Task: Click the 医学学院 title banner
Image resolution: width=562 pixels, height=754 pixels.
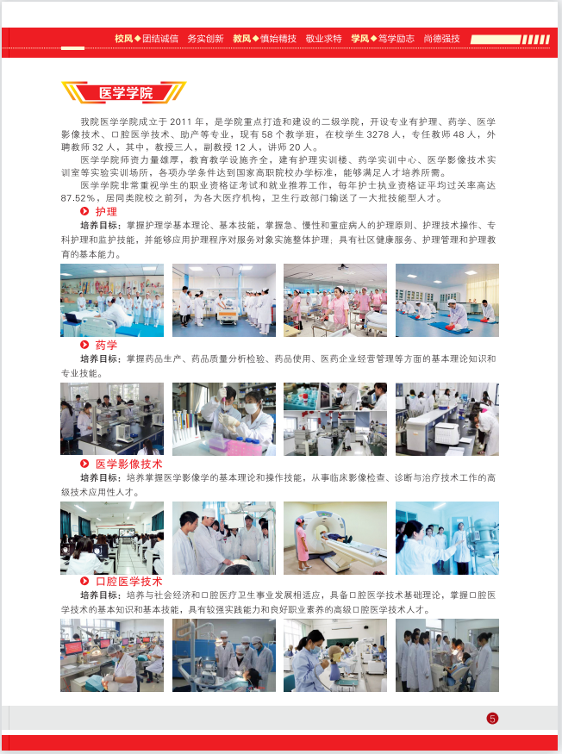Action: pos(123,92)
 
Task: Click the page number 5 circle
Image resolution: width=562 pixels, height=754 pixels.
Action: pos(492,719)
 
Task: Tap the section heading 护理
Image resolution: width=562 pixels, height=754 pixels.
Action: pos(106,212)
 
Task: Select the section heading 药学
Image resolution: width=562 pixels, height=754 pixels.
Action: pos(106,345)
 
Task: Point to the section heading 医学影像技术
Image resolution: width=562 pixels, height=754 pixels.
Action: pos(128,464)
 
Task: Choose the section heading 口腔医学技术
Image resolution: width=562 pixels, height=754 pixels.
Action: pos(128,582)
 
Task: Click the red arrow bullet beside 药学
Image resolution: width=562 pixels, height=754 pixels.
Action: pos(84,345)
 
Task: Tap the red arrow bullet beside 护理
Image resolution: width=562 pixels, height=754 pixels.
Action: pos(84,212)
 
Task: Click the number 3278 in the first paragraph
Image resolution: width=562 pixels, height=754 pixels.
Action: pos(378,134)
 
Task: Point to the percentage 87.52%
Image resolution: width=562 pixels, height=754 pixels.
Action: pos(78,198)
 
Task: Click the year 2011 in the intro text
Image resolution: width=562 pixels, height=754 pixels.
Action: pos(180,122)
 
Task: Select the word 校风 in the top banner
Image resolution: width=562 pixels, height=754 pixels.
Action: pos(123,39)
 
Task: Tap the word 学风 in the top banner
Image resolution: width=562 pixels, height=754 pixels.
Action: pos(360,39)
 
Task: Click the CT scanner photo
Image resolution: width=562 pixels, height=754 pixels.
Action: pos(335,538)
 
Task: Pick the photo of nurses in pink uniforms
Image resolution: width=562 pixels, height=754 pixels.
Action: pos(335,300)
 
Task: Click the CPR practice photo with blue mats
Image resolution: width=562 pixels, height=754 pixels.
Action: pos(447,300)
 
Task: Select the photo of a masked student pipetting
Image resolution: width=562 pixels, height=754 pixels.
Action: pos(224,420)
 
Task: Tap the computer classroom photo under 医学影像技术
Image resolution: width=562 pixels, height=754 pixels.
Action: pos(112,538)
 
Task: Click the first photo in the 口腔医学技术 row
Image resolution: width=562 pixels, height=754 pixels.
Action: pos(112,656)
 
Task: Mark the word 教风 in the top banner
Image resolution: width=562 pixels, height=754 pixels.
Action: pos(242,39)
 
